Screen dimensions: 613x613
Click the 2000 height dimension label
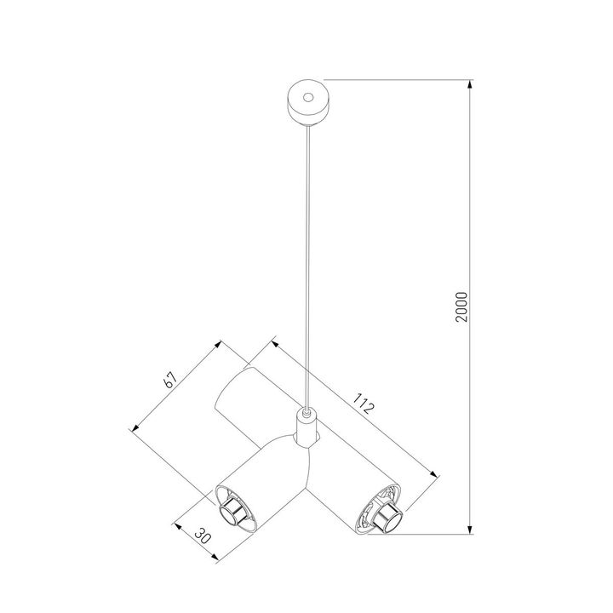(461, 307)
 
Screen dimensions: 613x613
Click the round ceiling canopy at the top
(305, 101)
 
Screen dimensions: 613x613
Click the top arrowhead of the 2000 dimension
(471, 83)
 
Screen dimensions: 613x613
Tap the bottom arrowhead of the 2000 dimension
(471, 531)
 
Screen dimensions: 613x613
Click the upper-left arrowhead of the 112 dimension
(272, 342)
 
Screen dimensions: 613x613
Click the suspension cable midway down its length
(305, 264)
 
